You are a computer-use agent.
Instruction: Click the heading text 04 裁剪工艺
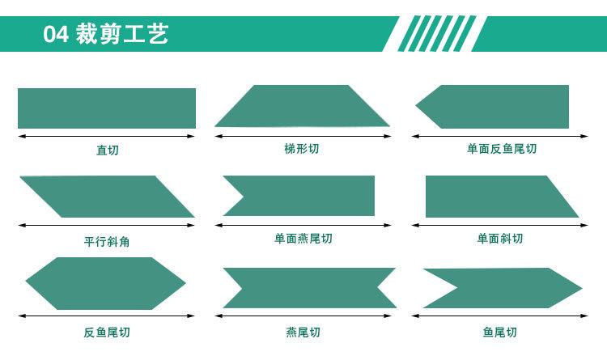click(106, 36)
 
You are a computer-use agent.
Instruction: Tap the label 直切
click(106, 150)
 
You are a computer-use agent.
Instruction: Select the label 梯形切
click(302, 149)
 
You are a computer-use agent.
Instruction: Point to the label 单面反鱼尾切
click(501, 149)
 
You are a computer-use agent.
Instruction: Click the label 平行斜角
click(106, 240)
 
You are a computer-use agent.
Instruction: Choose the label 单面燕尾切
click(303, 239)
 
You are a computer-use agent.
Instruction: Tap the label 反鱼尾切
click(106, 332)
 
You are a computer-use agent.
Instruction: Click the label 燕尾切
click(303, 332)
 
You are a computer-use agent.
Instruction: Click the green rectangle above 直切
click(106, 108)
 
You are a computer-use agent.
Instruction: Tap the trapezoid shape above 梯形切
click(302, 106)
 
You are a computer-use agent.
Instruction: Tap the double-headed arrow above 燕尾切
click(308, 315)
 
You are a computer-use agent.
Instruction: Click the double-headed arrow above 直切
click(106, 136)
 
